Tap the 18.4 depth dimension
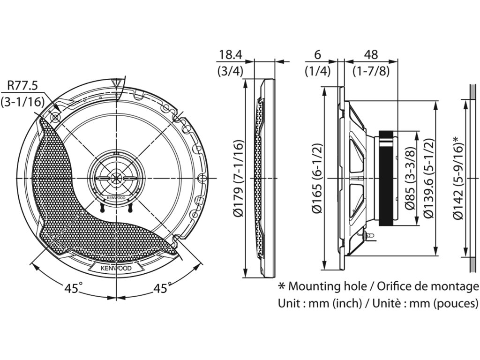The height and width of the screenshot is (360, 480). (229, 54)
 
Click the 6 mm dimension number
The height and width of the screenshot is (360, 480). (317, 54)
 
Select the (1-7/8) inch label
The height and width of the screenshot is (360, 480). (371, 72)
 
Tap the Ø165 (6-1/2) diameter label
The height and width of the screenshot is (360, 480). (317, 178)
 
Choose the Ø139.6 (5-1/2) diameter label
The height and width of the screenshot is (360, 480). (427, 178)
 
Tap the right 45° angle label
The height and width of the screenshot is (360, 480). (160, 288)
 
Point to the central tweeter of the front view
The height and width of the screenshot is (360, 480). (115, 179)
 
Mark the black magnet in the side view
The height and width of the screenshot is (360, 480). (388, 178)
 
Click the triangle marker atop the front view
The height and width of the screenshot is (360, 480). (116, 85)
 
